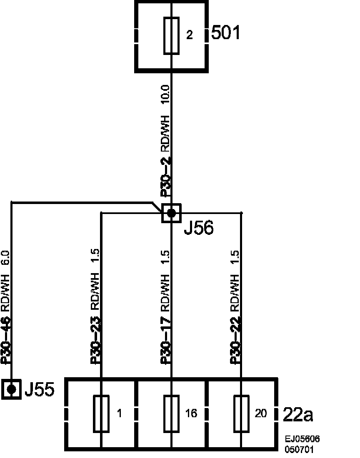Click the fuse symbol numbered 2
[171, 36]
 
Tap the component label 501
[226, 32]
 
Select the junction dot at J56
[171, 214]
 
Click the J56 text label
[198, 228]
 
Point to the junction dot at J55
[12, 389]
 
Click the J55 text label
[39, 390]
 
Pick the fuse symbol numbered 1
[101, 413]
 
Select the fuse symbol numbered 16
[172, 413]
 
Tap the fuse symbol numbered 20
[242, 413]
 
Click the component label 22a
[298, 414]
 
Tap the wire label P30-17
[165, 341]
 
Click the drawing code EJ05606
[302, 440]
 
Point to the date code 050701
[300, 450]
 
